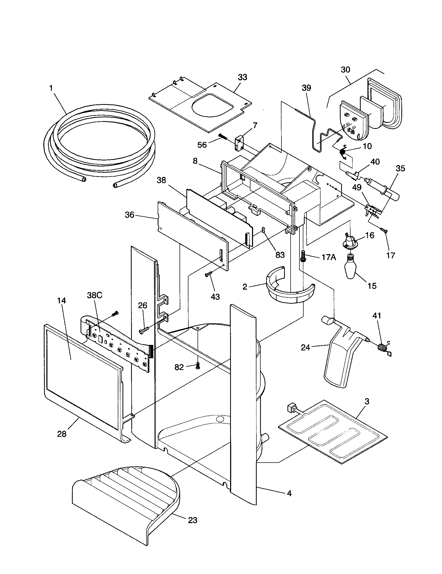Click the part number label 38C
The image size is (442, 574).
click(x=95, y=295)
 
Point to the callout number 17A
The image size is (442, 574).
click(x=329, y=257)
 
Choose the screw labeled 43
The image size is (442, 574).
click(x=208, y=275)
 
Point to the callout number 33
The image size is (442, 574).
click(x=243, y=77)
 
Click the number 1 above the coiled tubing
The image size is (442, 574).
click(x=51, y=88)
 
